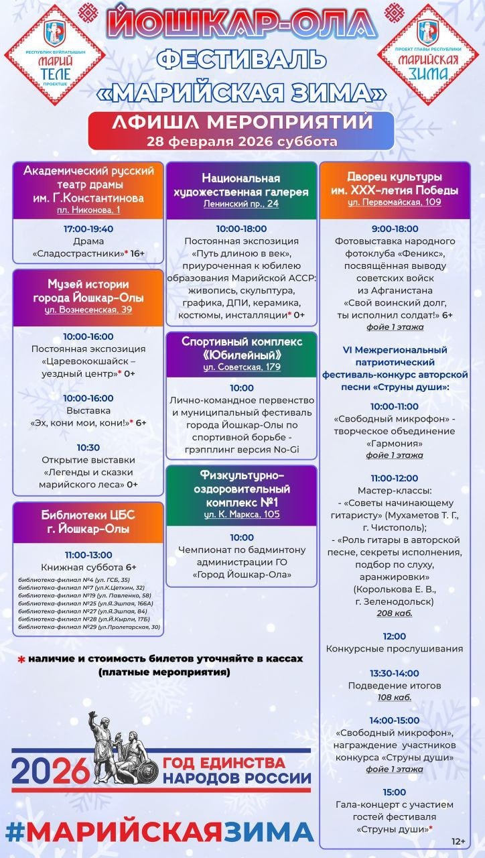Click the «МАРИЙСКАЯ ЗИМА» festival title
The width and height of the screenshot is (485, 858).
point(242,91)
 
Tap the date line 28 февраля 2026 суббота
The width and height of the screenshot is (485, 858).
point(242,141)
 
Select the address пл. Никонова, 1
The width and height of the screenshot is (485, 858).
point(88,211)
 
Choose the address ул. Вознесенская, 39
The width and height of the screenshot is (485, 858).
point(88,310)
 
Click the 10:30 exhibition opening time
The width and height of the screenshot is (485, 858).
point(88,447)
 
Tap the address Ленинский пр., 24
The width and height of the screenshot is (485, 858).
point(241,204)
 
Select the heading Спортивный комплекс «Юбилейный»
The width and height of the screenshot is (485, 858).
point(241,348)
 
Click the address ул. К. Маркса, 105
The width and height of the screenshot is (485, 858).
point(241,514)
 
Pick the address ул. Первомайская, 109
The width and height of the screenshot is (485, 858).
point(394,202)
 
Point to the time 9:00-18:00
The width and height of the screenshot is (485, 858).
point(394,228)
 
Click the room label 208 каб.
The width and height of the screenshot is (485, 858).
point(394,613)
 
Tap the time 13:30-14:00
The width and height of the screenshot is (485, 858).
point(394,672)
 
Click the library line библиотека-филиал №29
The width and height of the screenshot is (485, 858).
point(89,627)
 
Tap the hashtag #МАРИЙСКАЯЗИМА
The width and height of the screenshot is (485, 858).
point(159,831)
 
